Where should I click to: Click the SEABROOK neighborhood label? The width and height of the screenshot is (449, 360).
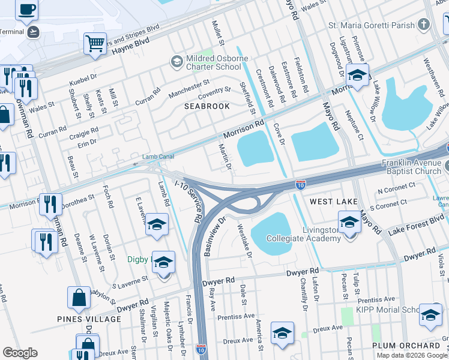(x=207, y=106)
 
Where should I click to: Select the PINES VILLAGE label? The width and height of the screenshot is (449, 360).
(x=89, y=319)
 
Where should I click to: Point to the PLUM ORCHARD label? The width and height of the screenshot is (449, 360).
(x=406, y=346)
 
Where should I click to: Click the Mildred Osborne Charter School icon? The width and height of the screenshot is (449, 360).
(x=176, y=61)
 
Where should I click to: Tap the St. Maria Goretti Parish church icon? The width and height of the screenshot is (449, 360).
(x=424, y=25)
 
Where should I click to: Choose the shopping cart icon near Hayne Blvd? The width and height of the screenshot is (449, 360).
(x=95, y=43)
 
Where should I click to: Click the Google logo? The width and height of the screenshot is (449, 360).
(x=20, y=353)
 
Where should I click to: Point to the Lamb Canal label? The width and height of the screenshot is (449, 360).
(x=158, y=157)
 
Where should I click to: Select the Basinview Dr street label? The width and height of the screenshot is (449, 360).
(x=214, y=236)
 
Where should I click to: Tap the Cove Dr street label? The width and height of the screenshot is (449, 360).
(x=279, y=133)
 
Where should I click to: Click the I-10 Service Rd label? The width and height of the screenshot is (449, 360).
(x=189, y=200)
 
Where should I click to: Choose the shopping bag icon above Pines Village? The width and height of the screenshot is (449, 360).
(x=79, y=297)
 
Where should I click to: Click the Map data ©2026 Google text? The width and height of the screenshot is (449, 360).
(x=412, y=355)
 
